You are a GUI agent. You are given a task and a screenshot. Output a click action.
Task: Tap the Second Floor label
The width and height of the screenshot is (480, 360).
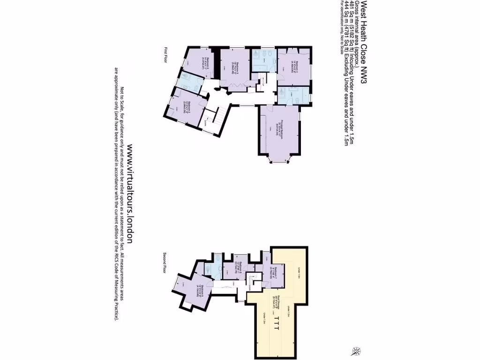165,262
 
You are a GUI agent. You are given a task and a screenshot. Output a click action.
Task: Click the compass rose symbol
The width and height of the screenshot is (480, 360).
358,349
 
